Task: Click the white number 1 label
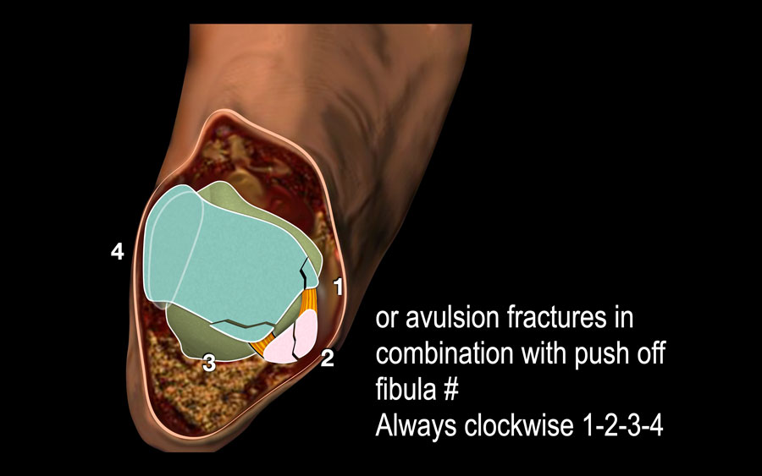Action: pos(337,287)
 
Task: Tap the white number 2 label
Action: pos(328,358)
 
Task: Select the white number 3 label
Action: pos(208,364)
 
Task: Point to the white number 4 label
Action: pos(118,251)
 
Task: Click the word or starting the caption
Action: pos(386,320)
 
